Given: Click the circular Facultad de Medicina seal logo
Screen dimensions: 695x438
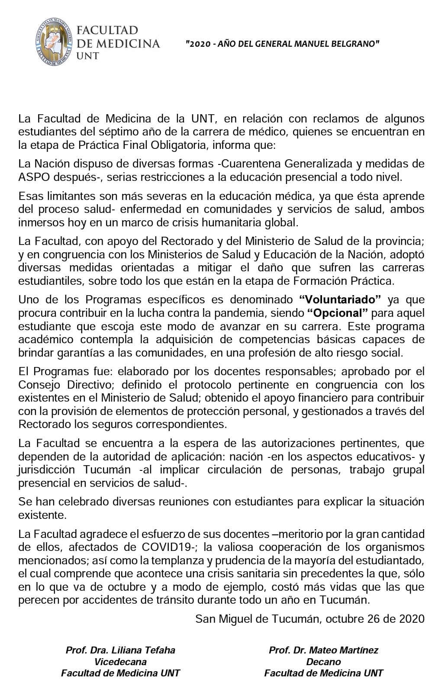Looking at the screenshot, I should [53, 42].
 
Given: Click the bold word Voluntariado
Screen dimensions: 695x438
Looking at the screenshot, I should [340, 299].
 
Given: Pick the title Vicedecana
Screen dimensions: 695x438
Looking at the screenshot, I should [120, 662].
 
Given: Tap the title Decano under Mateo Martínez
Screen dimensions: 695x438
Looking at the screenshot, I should [323, 662].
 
